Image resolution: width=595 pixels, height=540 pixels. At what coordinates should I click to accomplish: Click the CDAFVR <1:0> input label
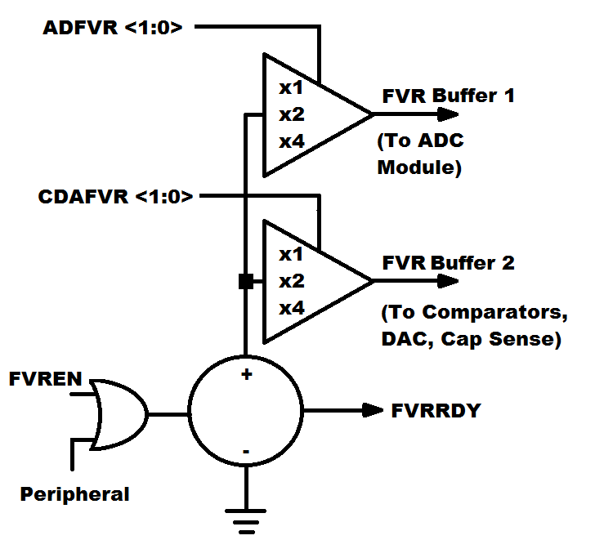click(x=115, y=197)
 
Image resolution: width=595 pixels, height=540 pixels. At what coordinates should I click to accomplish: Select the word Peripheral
click(x=74, y=494)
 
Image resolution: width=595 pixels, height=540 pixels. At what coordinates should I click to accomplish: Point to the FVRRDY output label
click(x=436, y=409)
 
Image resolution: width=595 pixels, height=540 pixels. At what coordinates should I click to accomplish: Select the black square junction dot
click(x=245, y=282)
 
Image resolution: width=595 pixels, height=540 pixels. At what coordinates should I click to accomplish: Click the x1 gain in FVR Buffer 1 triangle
click(x=291, y=87)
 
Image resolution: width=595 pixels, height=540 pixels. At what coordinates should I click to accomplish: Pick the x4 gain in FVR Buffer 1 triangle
click(x=291, y=141)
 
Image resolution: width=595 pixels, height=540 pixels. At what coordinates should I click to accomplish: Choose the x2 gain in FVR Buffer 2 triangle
click(x=291, y=281)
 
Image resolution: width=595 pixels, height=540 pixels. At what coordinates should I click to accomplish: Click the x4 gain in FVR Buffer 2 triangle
click(x=291, y=309)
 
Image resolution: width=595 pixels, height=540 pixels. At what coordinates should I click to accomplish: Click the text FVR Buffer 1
click(x=449, y=96)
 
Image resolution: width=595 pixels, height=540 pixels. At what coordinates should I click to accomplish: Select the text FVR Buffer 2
click(x=449, y=264)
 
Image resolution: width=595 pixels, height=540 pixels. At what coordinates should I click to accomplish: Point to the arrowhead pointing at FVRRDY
click(x=373, y=409)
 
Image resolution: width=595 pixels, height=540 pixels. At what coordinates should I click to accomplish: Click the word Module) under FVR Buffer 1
click(x=419, y=168)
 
